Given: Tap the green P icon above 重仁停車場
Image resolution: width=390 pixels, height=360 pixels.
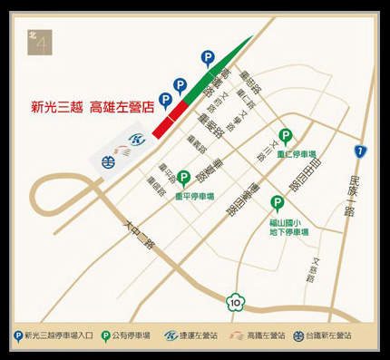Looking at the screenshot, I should [285, 137].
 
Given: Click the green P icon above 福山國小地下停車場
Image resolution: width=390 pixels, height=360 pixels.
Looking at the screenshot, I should [278, 205].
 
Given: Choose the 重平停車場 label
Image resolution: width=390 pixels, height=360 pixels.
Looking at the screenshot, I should [194, 195].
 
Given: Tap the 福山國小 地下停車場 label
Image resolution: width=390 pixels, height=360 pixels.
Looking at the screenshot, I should [289, 227].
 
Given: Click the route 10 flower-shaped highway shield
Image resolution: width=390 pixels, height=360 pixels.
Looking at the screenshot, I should [235, 300].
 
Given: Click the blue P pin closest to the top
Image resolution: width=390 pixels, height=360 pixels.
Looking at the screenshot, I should [208, 57].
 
